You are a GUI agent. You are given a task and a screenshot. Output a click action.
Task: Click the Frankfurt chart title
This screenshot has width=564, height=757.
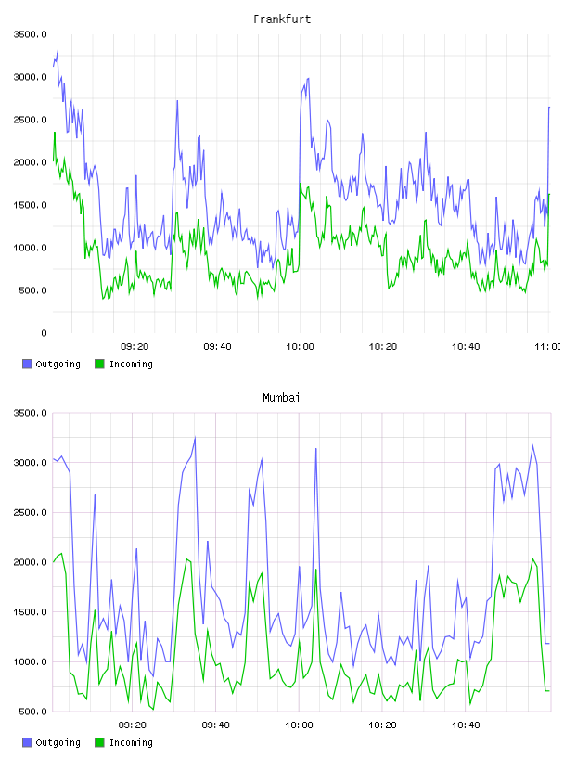[282, 19]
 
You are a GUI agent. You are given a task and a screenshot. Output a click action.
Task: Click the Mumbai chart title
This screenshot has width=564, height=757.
[281, 398]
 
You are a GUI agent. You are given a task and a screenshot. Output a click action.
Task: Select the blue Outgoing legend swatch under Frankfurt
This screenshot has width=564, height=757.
[27, 364]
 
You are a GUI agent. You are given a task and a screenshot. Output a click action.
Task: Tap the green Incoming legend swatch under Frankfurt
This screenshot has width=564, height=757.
[99, 364]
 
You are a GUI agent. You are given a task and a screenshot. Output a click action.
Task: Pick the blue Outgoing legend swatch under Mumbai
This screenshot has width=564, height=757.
[27, 742]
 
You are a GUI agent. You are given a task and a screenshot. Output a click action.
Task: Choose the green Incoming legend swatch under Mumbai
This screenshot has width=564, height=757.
[99, 742]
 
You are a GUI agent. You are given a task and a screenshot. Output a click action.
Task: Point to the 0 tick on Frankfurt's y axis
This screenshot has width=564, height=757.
[44, 333]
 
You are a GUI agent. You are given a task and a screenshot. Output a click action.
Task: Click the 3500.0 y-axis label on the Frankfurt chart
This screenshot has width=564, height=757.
[31, 34]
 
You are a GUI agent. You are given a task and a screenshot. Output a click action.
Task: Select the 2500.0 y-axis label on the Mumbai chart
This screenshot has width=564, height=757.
[31, 512]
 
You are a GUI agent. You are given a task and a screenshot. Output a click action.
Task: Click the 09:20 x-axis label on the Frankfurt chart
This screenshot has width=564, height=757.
[135, 347]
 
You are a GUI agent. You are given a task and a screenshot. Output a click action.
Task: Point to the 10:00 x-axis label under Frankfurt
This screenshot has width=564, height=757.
[300, 347]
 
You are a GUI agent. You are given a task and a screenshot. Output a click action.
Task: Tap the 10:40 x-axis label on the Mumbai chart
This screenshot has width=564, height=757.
[466, 725]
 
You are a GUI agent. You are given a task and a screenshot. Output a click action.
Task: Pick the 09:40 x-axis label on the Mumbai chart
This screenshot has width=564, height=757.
[216, 725]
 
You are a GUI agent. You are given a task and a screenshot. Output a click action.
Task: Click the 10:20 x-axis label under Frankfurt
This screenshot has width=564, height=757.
[383, 347]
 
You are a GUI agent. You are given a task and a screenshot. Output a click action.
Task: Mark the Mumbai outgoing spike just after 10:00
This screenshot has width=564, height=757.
[316, 448]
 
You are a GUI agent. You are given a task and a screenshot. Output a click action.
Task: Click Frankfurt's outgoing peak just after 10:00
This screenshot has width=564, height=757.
[308, 78]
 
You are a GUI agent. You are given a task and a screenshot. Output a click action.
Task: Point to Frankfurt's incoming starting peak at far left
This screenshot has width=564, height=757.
[55, 133]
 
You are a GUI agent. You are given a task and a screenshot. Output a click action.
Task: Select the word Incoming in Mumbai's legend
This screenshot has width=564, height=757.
[131, 742]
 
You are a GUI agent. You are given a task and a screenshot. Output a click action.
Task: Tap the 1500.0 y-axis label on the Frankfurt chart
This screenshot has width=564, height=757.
[31, 205]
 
